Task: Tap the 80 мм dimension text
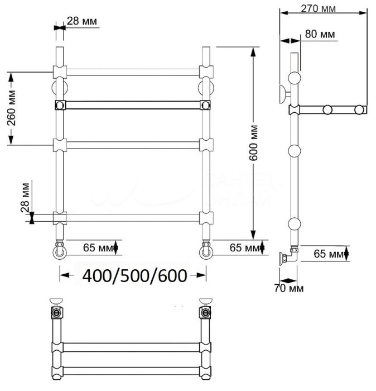[321, 35]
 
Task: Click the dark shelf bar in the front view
[133, 104]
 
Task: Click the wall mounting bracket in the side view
[284, 92]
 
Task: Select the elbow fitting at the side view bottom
[289, 258]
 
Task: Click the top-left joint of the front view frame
[59, 71]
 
